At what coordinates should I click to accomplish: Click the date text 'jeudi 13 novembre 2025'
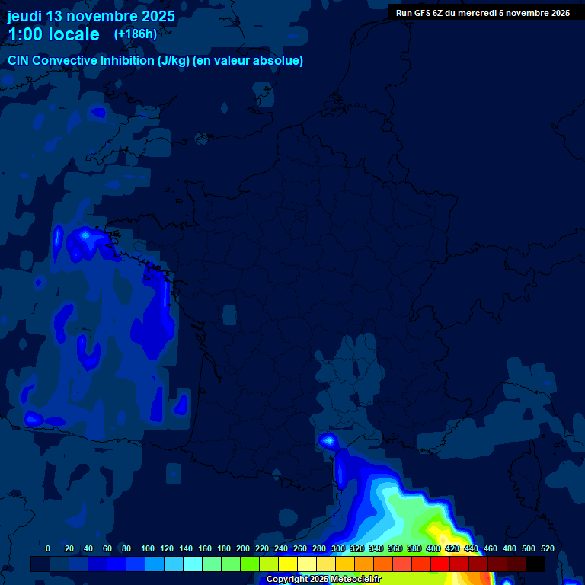click(x=91, y=16)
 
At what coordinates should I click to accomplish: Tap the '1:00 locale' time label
click(x=53, y=34)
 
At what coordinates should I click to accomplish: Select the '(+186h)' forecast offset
click(x=136, y=34)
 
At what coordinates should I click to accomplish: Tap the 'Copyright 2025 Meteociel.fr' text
click(x=323, y=580)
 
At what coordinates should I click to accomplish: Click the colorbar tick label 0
click(x=48, y=548)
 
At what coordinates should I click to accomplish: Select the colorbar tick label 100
click(x=148, y=548)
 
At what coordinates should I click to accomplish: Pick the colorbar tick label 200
click(x=243, y=548)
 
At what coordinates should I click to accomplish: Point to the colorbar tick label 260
click(x=300, y=548)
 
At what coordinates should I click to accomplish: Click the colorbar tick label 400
click(x=433, y=548)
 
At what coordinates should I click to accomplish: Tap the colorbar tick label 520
click(x=548, y=548)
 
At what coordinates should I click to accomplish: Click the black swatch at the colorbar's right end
click(x=535, y=564)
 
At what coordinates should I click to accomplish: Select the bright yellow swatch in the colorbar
click(x=288, y=564)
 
